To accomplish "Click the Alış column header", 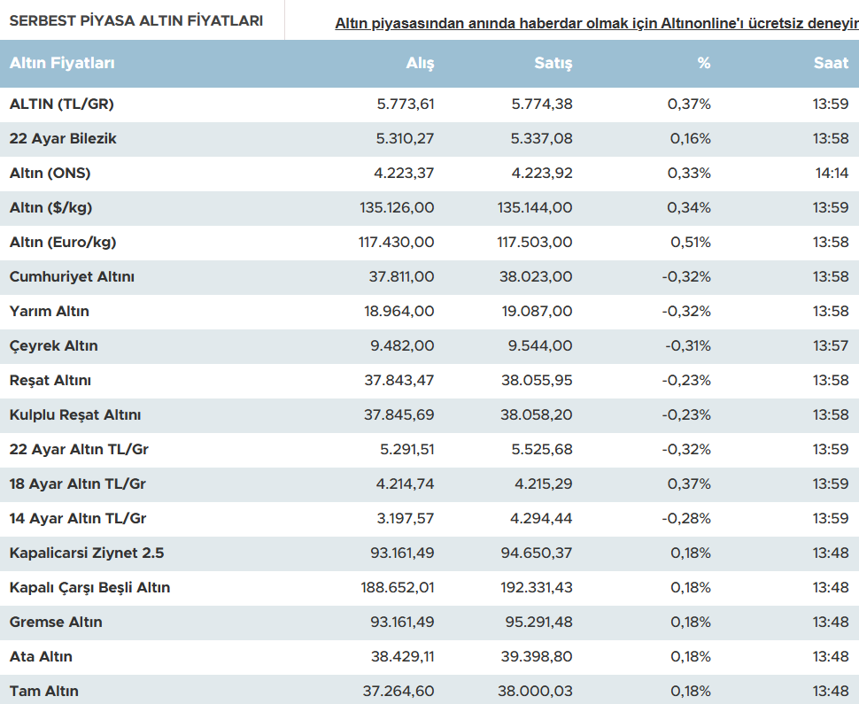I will click(420, 64).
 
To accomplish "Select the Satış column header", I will click(553, 64).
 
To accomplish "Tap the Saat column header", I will click(832, 64).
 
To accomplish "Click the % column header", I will click(703, 64).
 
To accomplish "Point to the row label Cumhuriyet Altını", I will click(72, 277).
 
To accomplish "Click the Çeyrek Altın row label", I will click(53, 346).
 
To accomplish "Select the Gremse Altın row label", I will click(56, 623).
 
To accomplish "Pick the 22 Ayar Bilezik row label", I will click(63, 139).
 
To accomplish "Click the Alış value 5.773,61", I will click(406, 104).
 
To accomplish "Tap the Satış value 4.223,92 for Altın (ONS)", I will click(542, 174).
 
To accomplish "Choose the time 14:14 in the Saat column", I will click(832, 174).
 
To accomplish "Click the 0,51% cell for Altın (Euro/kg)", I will click(690, 243).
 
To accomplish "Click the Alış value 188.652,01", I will click(398, 588).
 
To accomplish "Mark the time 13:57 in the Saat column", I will click(831, 346).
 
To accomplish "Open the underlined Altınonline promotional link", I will click(596, 24).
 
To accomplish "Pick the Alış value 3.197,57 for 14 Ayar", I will click(406, 519).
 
